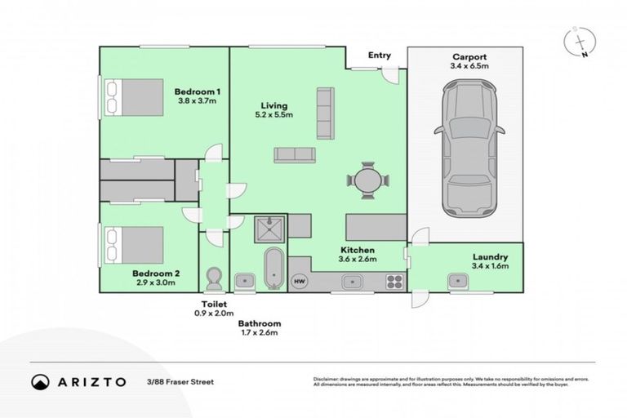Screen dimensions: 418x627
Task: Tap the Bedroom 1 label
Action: [197, 92]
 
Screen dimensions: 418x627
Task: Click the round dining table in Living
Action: [367, 180]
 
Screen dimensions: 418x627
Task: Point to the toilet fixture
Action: [216, 278]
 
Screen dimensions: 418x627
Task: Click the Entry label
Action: [380, 56]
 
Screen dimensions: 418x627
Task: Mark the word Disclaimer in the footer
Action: [327, 380]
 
